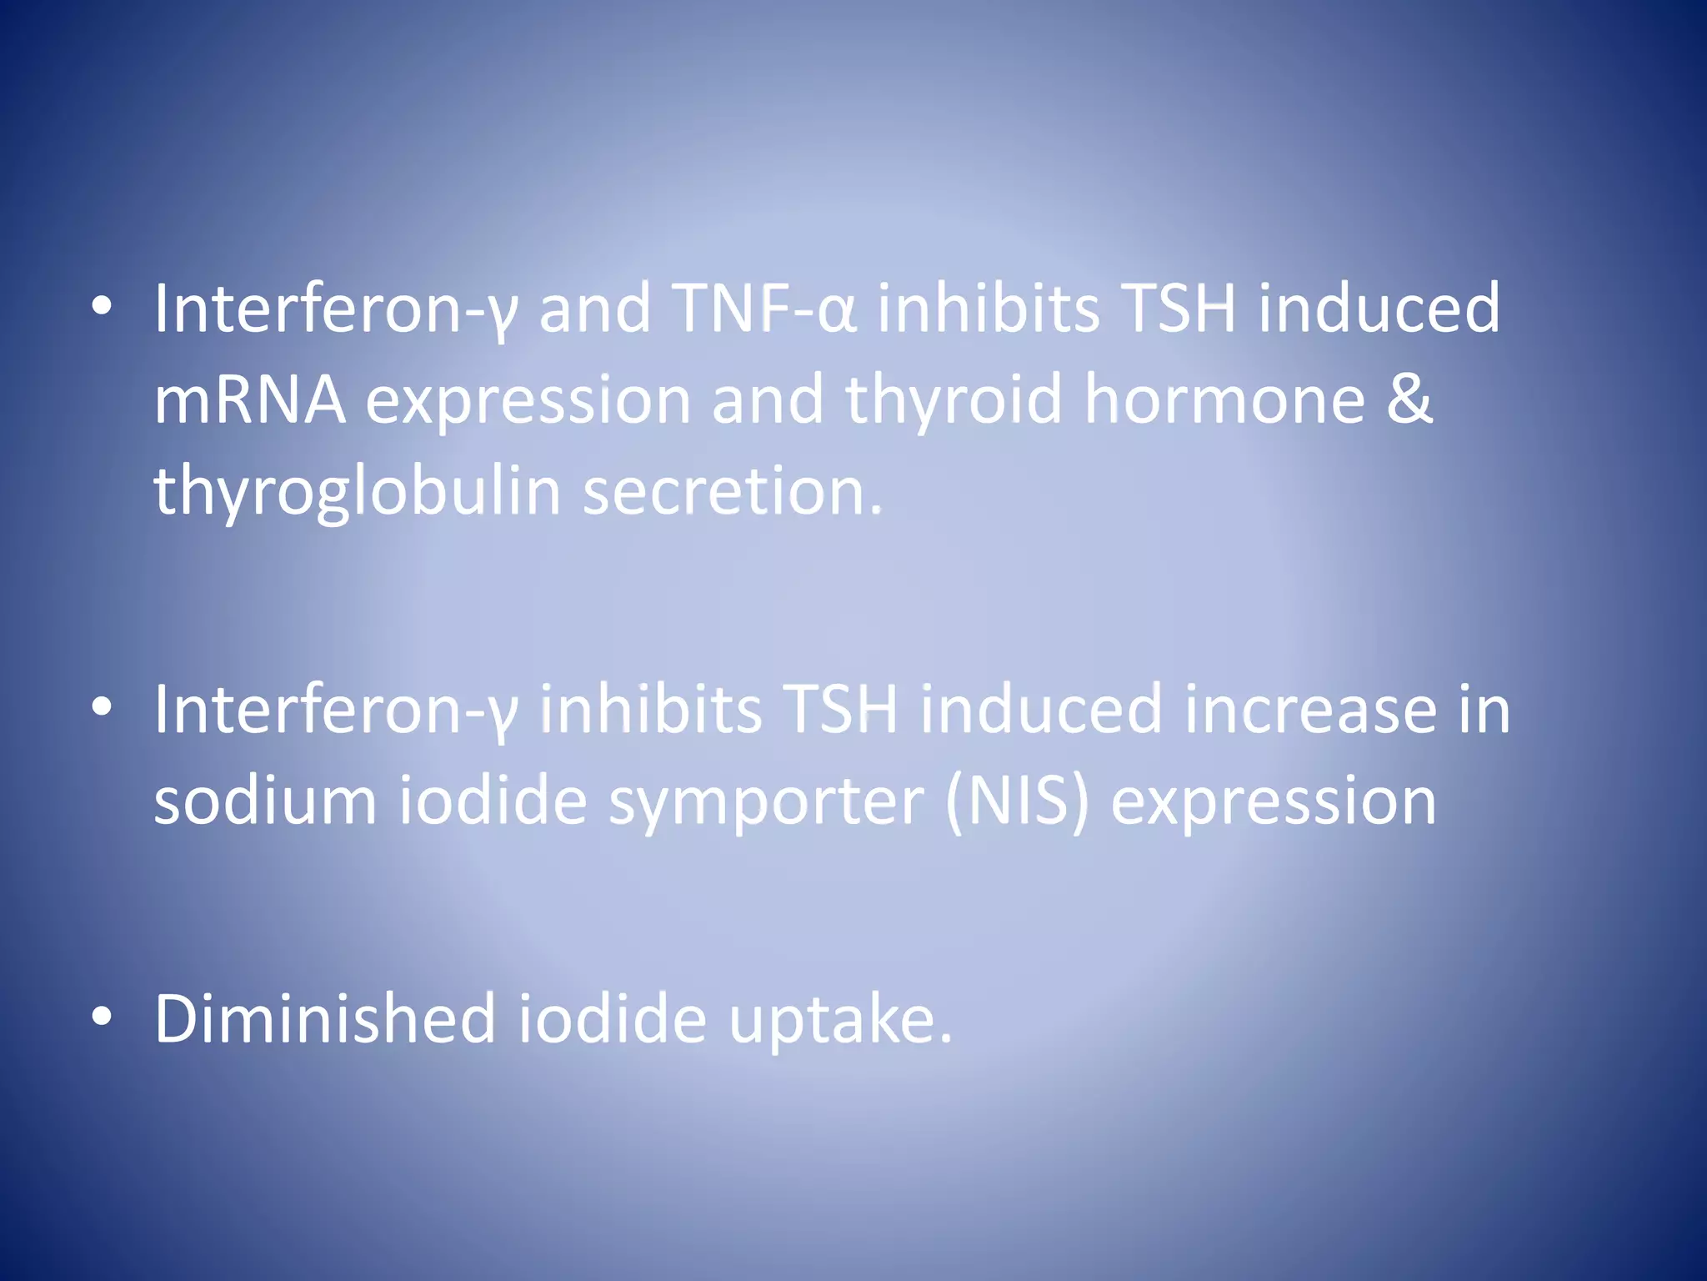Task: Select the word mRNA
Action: tap(249, 400)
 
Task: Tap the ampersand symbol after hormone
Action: tap(1409, 400)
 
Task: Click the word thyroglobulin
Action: tap(357, 492)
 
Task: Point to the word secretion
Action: tap(731, 492)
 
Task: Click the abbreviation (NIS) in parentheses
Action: tap(1017, 801)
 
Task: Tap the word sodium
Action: tap(265, 801)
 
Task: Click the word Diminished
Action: tap(325, 1019)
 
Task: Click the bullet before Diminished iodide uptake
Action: tap(102, 1017)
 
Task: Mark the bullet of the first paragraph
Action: tap(102, 307)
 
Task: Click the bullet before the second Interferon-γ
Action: tap(102, 707)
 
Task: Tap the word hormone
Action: tap(1224, 400)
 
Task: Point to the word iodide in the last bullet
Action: tap(613, 1019)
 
